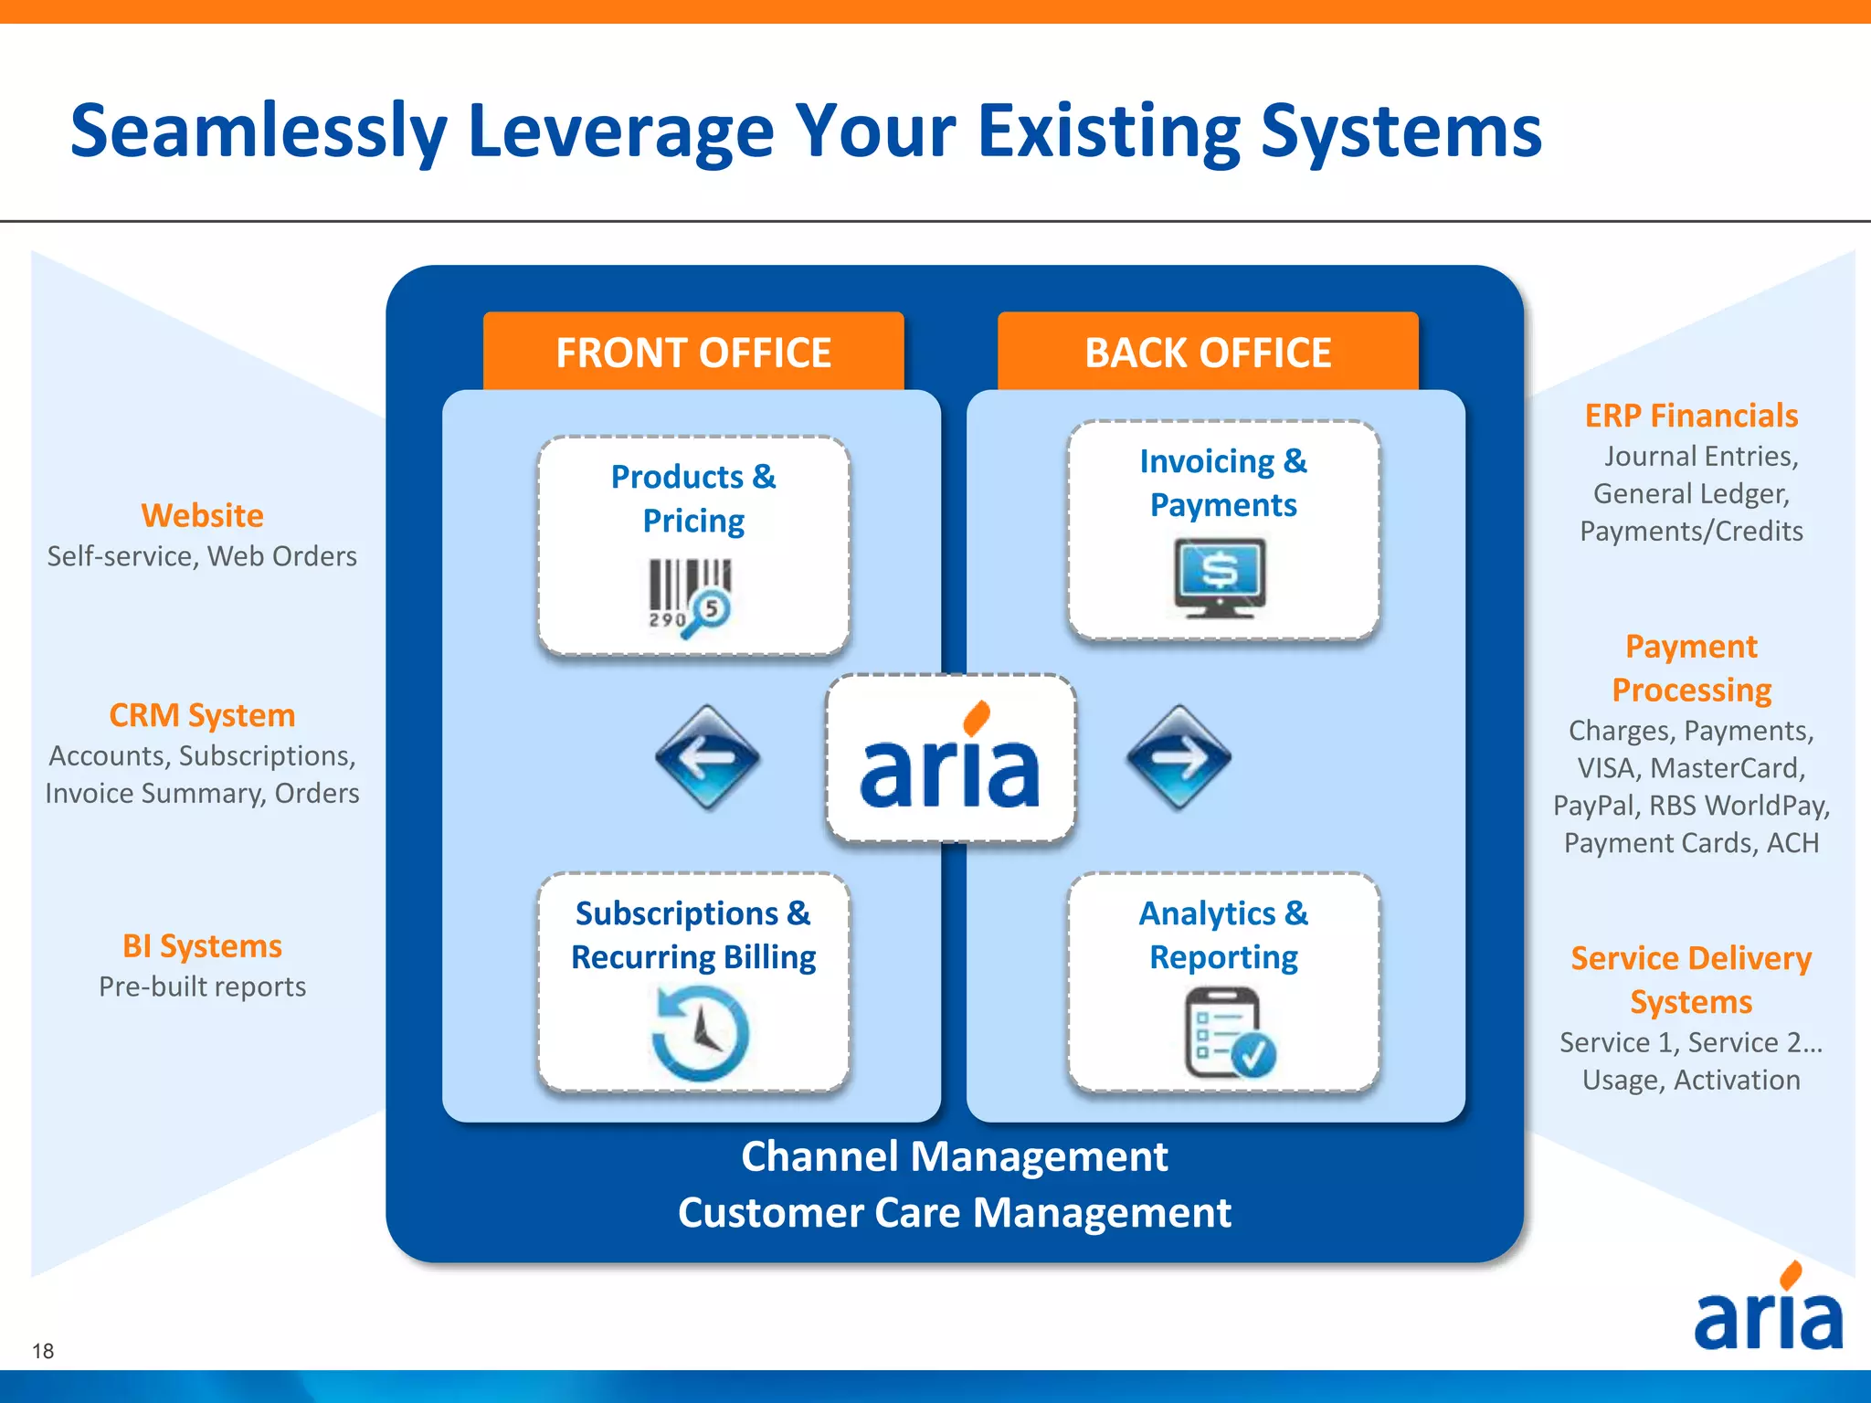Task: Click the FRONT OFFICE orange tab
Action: pyautogui.click(x=693, y=353)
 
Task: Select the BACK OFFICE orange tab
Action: pyautogui.click(x=1207, y=353)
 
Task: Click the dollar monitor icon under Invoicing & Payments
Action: pyautogui.click(x=1221, y=577)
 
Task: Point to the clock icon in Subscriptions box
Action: pyautogui.click(x=700, y=1033)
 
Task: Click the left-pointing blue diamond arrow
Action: pyautogui.click(x=707, y=757)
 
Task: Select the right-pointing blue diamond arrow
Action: pyautogui.click(x=1179, y=757)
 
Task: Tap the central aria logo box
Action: pyautogui.click(x=950, y=758)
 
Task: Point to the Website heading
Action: pyautogui.click(x=202, y=516)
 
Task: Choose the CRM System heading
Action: pyautogui.click(x=202, y=715)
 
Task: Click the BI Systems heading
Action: pyautogui.click(x=202, y=946)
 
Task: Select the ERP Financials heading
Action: pyautogui.click(x=1691, y=417)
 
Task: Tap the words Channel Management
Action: pyautogui.click(x=954, y=1156)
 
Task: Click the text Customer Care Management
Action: pyautogui.click(x=954, y=1213)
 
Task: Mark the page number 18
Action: pyautogui.click(x=43, y=1351)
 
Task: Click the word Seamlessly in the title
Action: pyautogui.click(x=259, y=132)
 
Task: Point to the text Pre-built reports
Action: pyautogui.click(x=202, y=986)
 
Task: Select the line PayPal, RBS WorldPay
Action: pyautogui.click(x=1691, y=806)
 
